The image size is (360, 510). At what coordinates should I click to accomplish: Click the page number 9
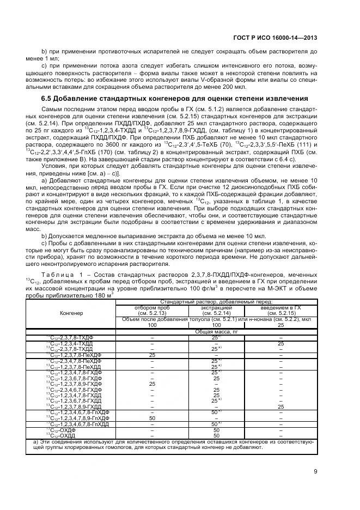point(315,472)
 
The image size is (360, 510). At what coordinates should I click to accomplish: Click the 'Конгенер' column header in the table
point(71,313)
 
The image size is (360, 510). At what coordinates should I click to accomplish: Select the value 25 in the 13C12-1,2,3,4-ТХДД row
point(280,344)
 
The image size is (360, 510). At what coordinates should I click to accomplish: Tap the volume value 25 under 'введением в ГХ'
point(280,325)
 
